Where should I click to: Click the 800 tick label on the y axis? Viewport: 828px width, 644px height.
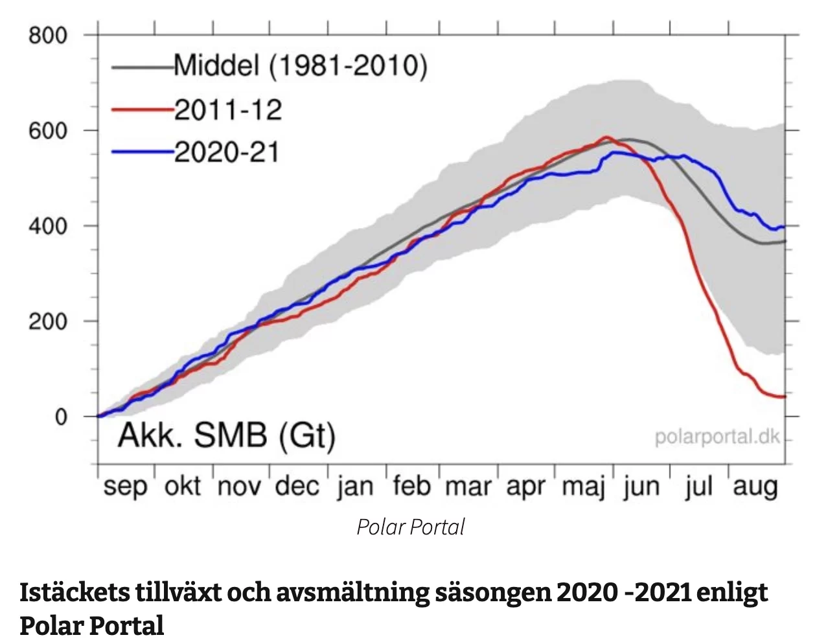(48, 35)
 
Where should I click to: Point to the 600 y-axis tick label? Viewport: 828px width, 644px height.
(48, 130)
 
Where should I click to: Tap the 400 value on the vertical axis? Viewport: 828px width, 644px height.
(48, 226)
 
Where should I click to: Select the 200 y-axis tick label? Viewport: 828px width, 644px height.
(48, 321)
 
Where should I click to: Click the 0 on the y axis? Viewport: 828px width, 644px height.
(61, 417)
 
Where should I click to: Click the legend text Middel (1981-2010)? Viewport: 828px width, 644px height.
(301, 66)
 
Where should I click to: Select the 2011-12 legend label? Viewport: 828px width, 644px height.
(228, 110)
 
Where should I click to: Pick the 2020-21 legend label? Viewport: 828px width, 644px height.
(227, 153)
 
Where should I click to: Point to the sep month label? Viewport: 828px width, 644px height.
(125, 487)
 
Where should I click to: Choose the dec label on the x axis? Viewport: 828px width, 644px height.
(297, 487)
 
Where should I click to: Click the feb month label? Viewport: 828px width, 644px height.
(412, 485)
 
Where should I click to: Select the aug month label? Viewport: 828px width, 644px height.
(755, 487)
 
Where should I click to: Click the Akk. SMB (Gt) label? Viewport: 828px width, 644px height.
(226, 435)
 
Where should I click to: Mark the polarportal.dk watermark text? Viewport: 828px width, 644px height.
(717, 437)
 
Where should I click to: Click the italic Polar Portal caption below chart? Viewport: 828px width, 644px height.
(411, 527)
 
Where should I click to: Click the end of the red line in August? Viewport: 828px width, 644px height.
(784, 397)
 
